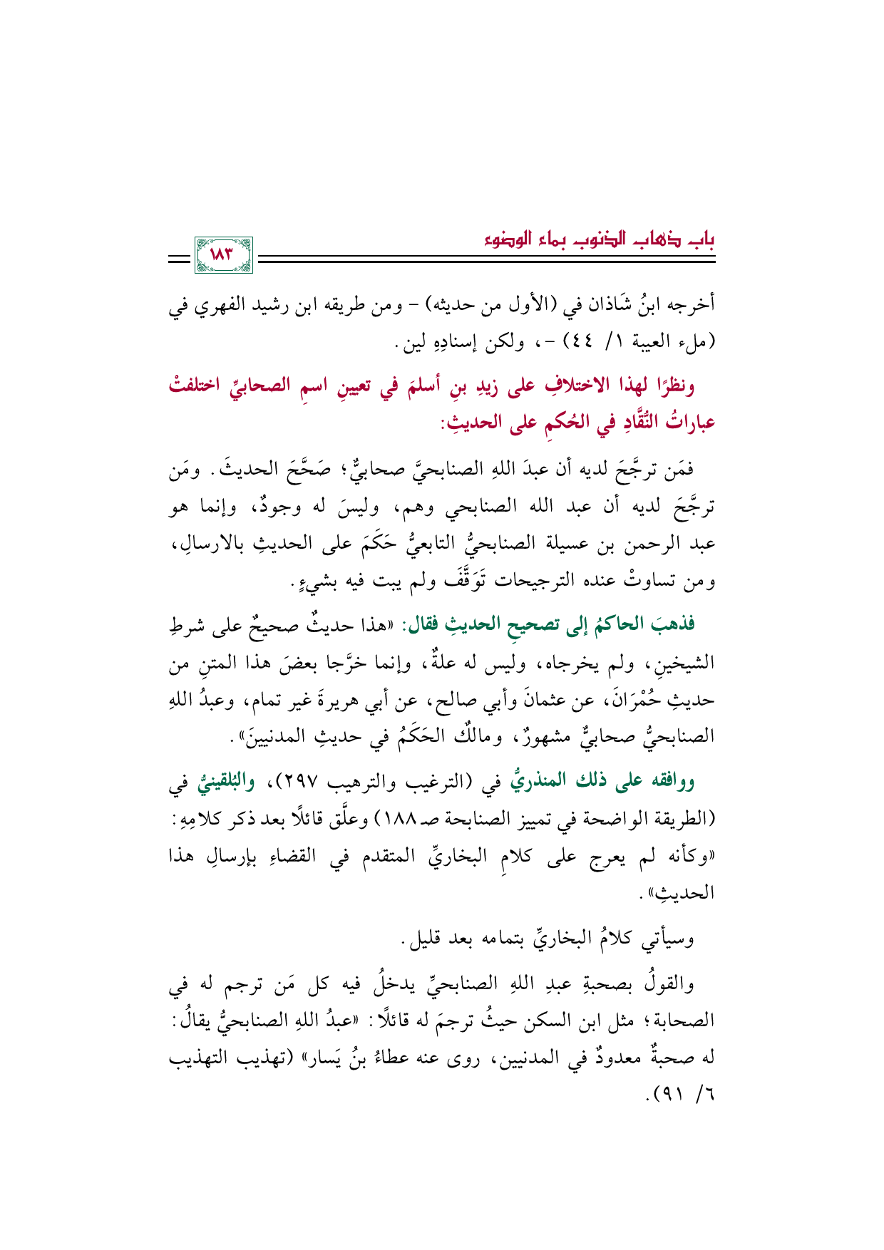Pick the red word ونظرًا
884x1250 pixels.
(672, 387)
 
